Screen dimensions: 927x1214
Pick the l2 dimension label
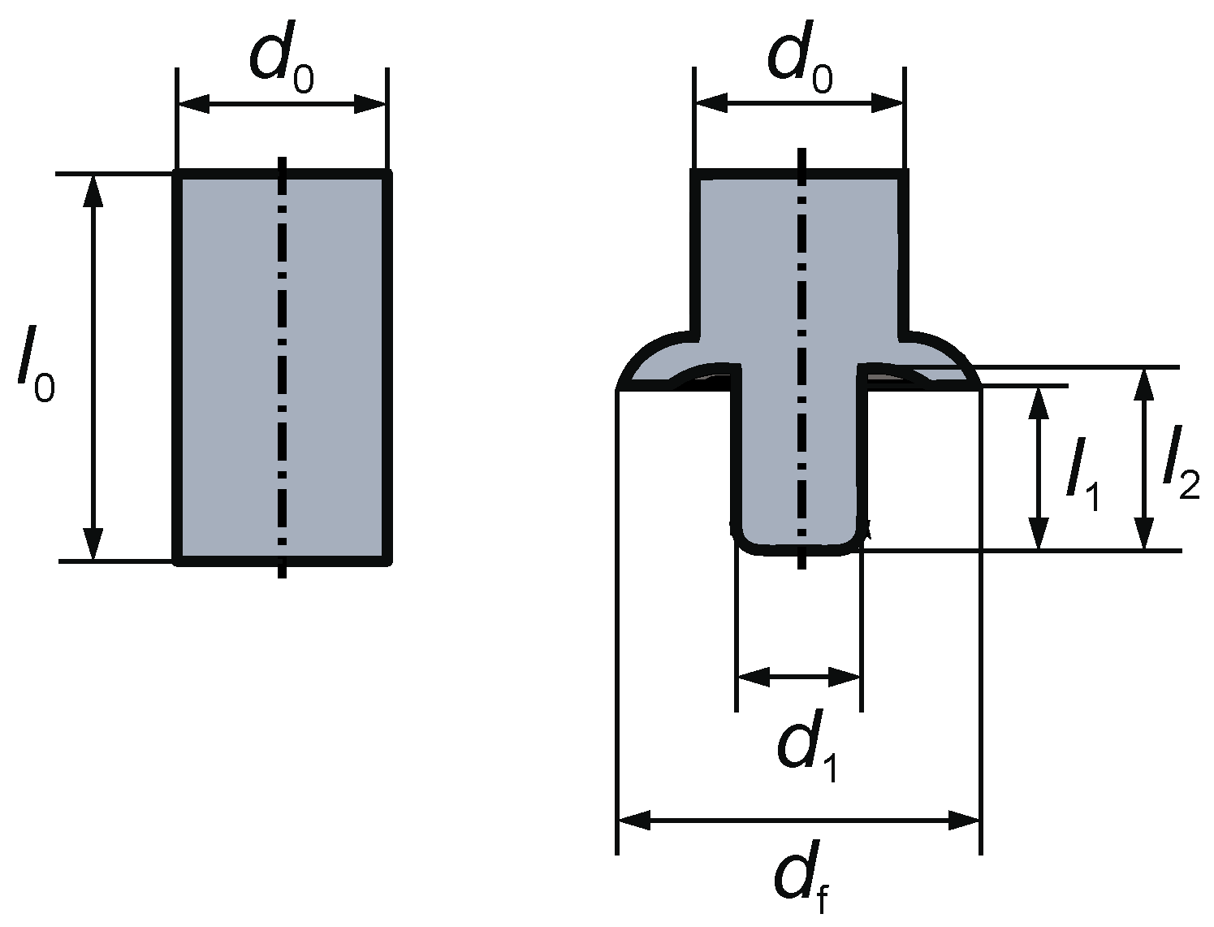[1180, 470]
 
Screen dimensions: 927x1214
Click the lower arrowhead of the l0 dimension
[94, 544]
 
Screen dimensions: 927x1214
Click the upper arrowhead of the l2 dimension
[1144, 383]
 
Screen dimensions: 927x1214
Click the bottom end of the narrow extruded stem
[799, 552]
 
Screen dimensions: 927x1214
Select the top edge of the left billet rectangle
[282, 174]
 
